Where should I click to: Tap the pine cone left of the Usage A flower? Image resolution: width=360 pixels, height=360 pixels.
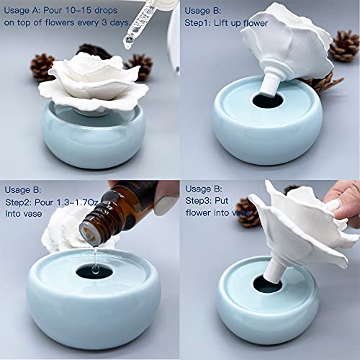tap(42, 67)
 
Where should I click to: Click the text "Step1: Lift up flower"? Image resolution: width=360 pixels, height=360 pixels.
tap(228, 23)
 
